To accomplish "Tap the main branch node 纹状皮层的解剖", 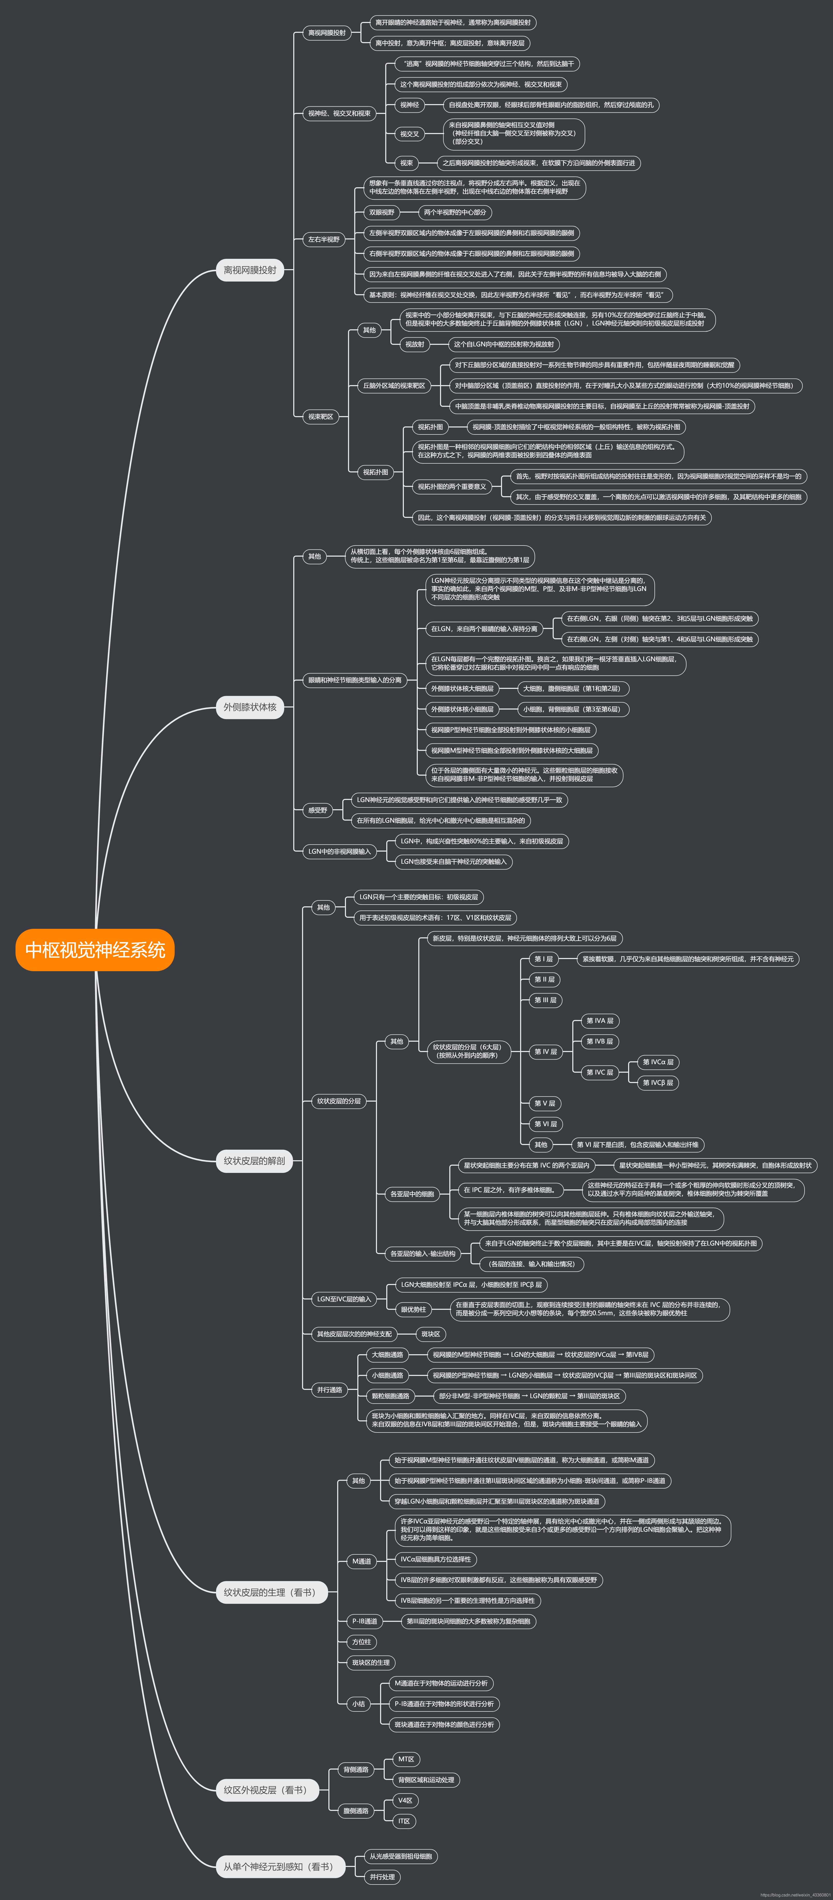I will coord(254,1160).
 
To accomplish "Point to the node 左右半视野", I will coord(324,239).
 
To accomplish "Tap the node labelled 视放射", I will coord(415,344).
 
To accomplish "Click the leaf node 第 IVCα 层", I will coord(658,1062).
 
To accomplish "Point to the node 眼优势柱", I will coord(413,1309).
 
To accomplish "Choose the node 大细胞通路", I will coord(387,1354).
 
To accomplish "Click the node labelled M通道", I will coord(361,1561).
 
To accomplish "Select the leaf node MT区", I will coord(406,1759).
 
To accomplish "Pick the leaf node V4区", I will coord(405,1800).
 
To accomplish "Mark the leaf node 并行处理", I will coord(382,1876).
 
